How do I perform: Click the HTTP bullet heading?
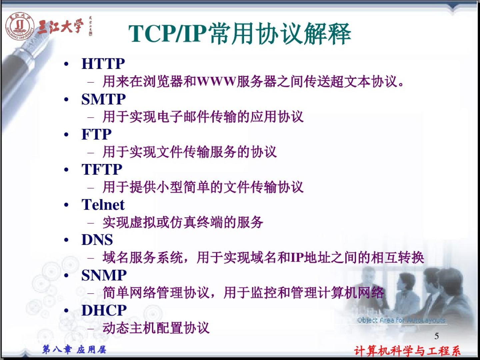click(x=103, y=64)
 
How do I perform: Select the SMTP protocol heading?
click(x=103, y=99)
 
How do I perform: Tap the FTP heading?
click(x=96, y=134)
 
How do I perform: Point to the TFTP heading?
click(x=102, y=169)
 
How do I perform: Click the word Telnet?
click(x=103, y=205)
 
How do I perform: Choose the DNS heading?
click(x=97, y=240)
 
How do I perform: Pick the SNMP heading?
click(x=104, y=275)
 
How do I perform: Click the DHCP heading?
click(x=104, y=310)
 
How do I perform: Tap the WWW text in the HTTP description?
click(x=216, y=81)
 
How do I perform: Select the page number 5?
click(x=436, y=336)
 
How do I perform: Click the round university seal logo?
click(x=20, y=26)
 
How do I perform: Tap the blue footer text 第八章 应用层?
click(x=74, y=350)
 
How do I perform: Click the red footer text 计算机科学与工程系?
click(x=407, y=351)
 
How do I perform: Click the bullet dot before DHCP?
click(x=66, y=310)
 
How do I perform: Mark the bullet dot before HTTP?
click(x=66, y=64)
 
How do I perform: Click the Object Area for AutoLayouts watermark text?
click(x=401, y=320)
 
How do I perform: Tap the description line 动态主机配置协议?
click(x=156, y=328)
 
